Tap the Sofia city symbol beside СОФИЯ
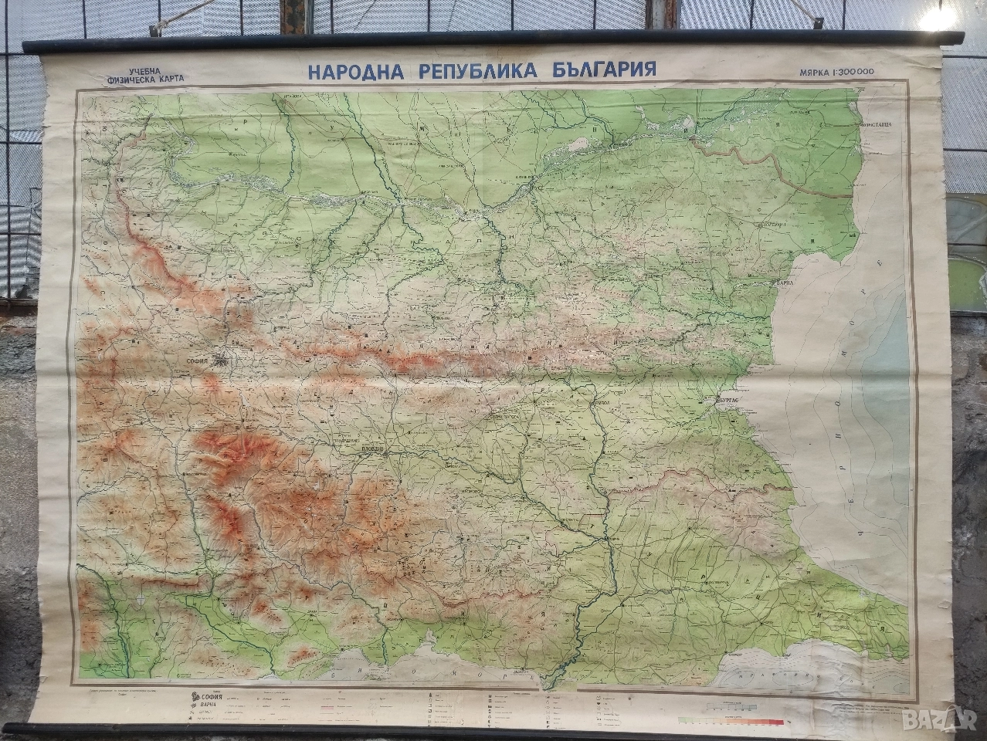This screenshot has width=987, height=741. click(223, 359)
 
